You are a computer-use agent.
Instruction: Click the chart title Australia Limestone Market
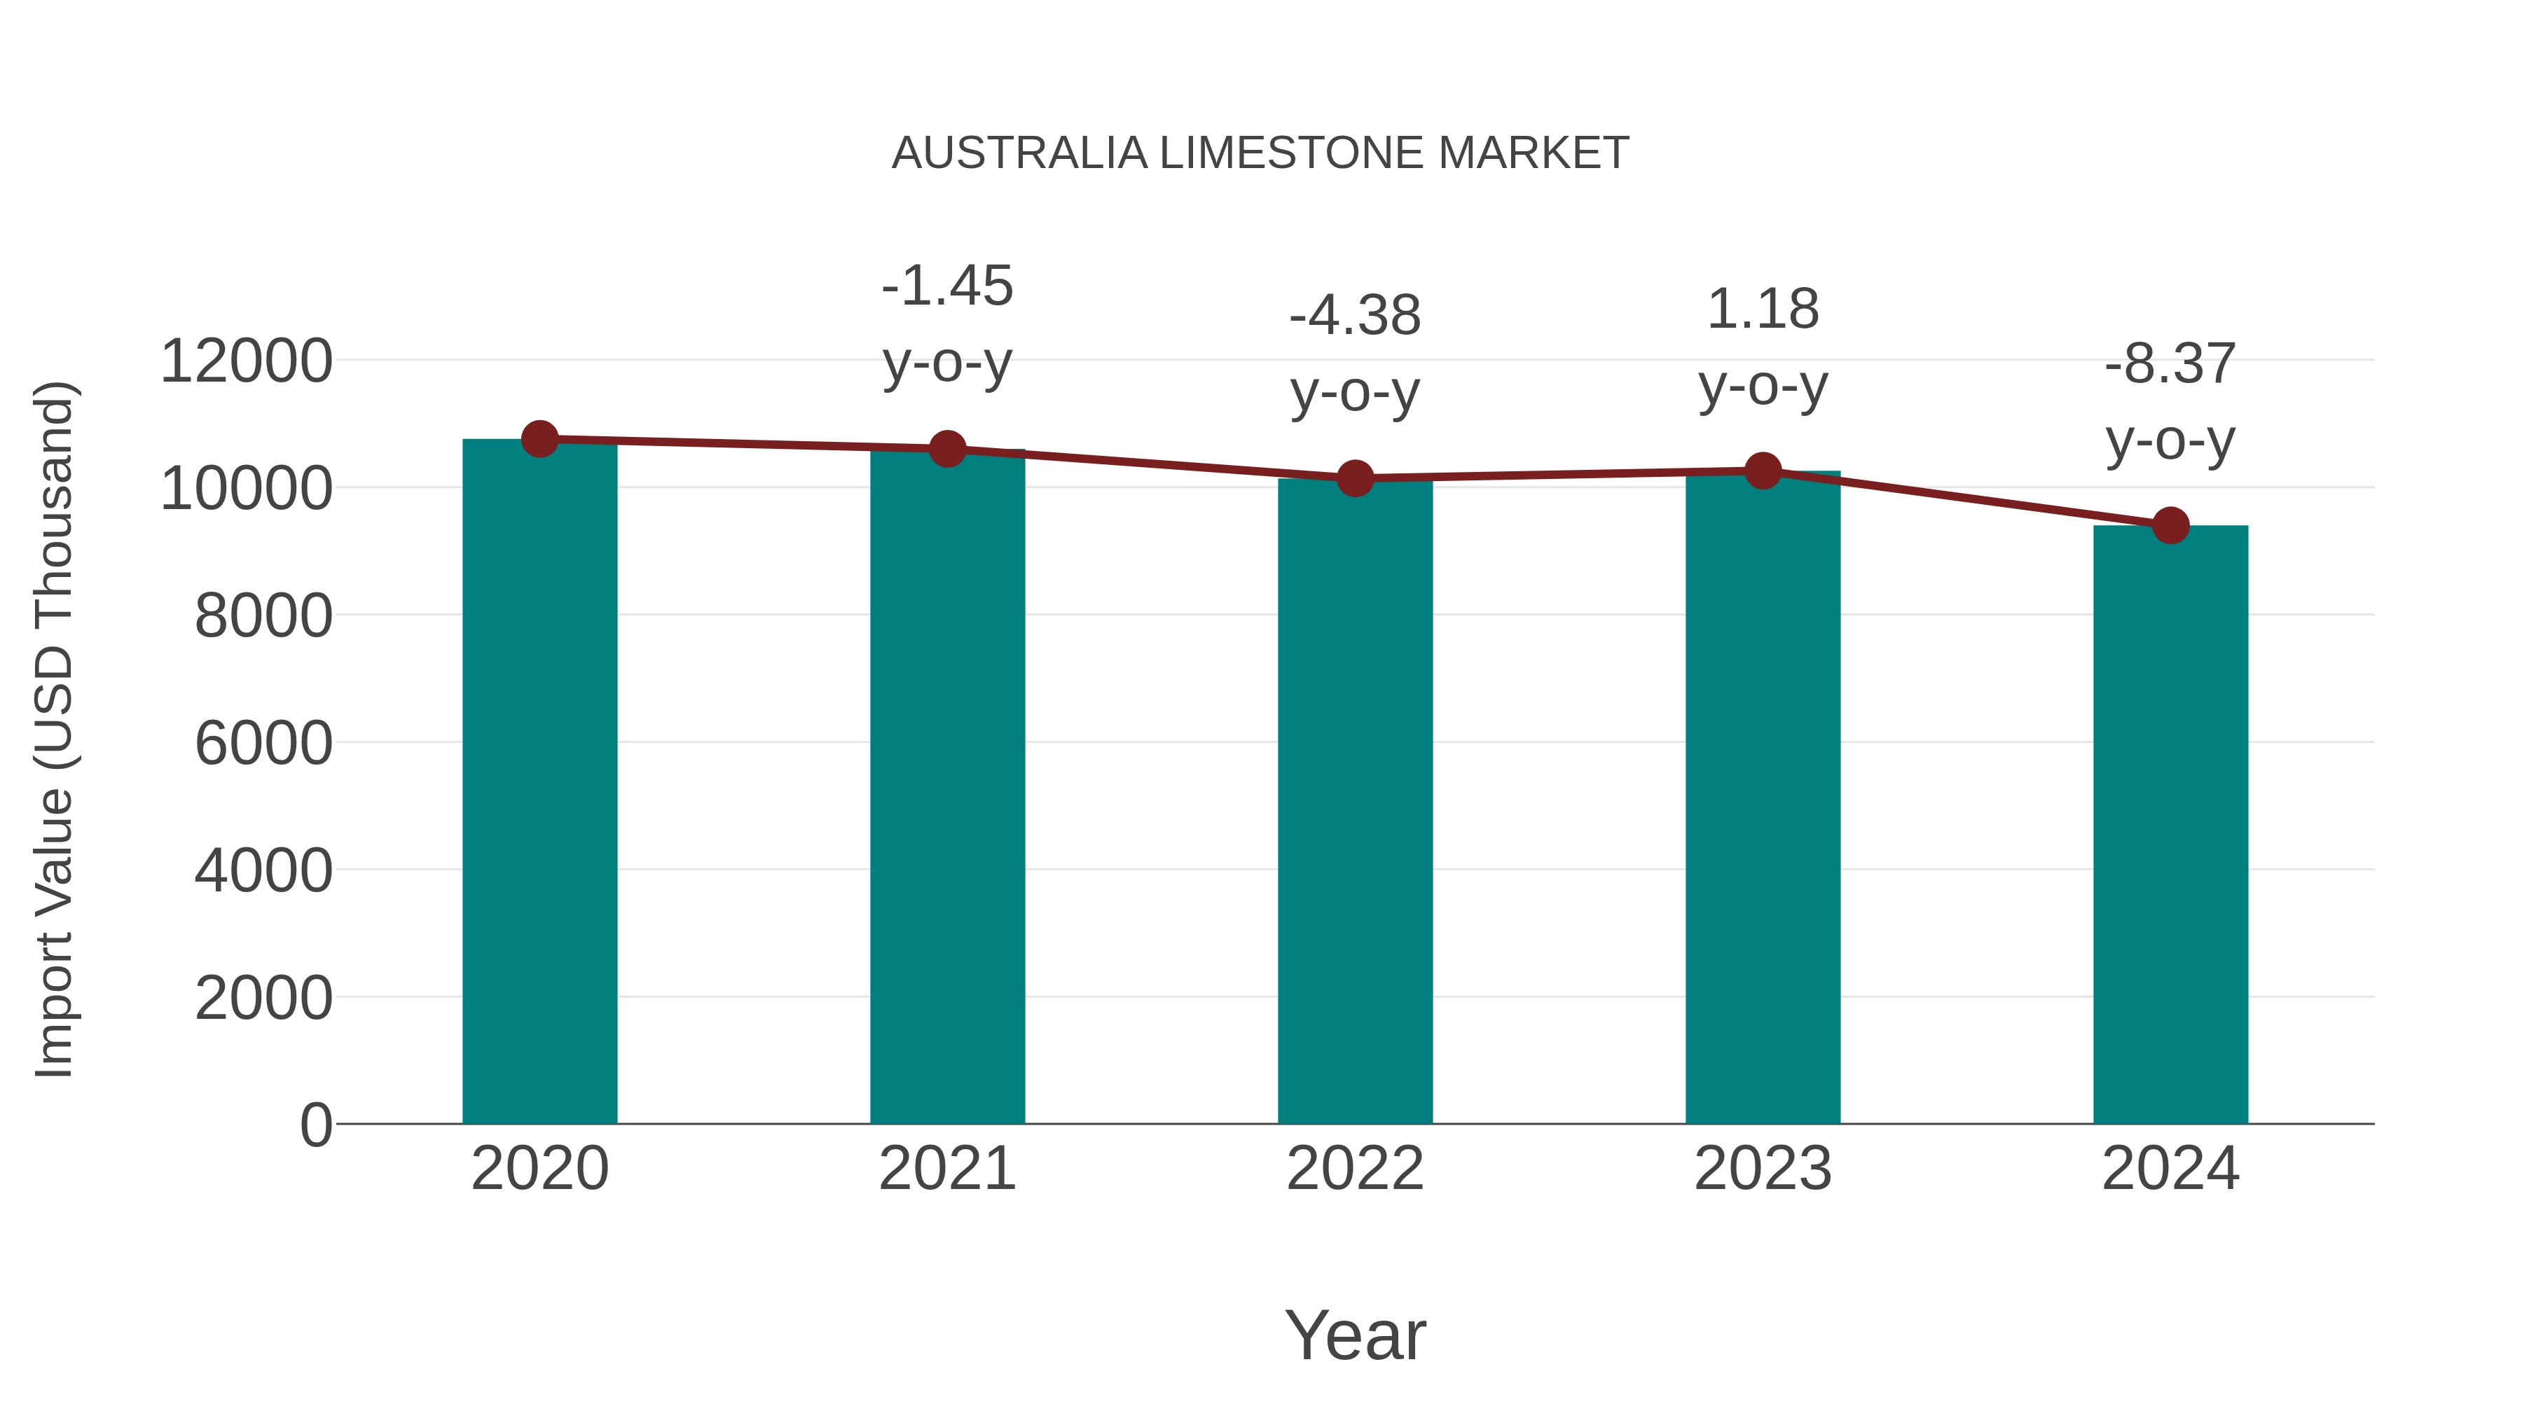(x=1260, y=153)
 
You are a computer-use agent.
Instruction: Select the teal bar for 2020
(x=539, y=783)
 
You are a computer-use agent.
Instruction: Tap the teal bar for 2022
(x=1355, y=802)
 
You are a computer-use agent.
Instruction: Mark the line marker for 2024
(x=2170, y=525)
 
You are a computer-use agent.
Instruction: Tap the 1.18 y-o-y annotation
(x=1763, y=347)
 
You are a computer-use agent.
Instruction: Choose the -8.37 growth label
(x=2170, y=401)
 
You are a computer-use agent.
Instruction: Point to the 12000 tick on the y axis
(x=247, y=361)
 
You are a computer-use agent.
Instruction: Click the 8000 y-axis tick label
(x=263, y=616)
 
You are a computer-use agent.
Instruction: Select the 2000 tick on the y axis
(x=263, y=998)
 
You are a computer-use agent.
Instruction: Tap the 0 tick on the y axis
(x=316, y=1125)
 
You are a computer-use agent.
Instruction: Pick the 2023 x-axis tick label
(x=1763, y=1169)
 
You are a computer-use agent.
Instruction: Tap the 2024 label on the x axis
(x=2170, y=1169)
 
